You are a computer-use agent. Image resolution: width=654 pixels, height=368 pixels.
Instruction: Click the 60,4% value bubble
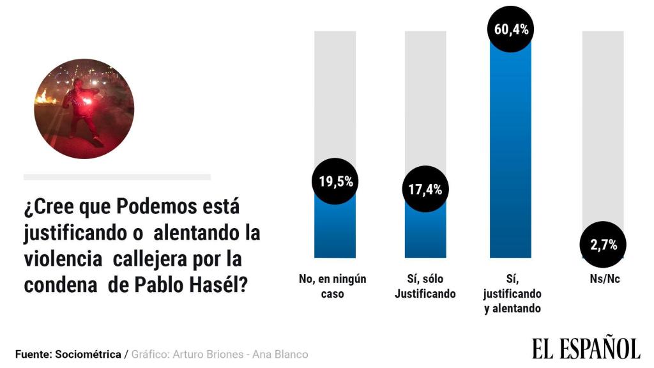[510, 30]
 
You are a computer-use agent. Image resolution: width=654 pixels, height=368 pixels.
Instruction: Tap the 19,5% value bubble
[335, 181]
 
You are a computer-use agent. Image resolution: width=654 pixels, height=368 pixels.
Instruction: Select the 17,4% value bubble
[425, 189]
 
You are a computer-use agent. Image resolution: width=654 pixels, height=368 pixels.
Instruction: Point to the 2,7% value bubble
[603, 245]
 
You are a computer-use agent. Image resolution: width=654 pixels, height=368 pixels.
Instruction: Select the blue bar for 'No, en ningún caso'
[335, 230]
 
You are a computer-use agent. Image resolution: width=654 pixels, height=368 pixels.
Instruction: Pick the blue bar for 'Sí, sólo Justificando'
[425, 233]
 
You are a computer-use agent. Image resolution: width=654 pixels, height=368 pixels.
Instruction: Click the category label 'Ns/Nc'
[603, 279]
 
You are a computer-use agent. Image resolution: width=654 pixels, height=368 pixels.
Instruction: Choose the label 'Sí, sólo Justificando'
[425, 286]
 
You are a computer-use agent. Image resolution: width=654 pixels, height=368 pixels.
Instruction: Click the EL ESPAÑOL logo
[586, 349]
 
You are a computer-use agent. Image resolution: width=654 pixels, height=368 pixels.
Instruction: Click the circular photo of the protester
[84, 109]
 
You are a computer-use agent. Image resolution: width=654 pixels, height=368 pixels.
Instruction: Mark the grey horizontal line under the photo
[117, 177]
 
